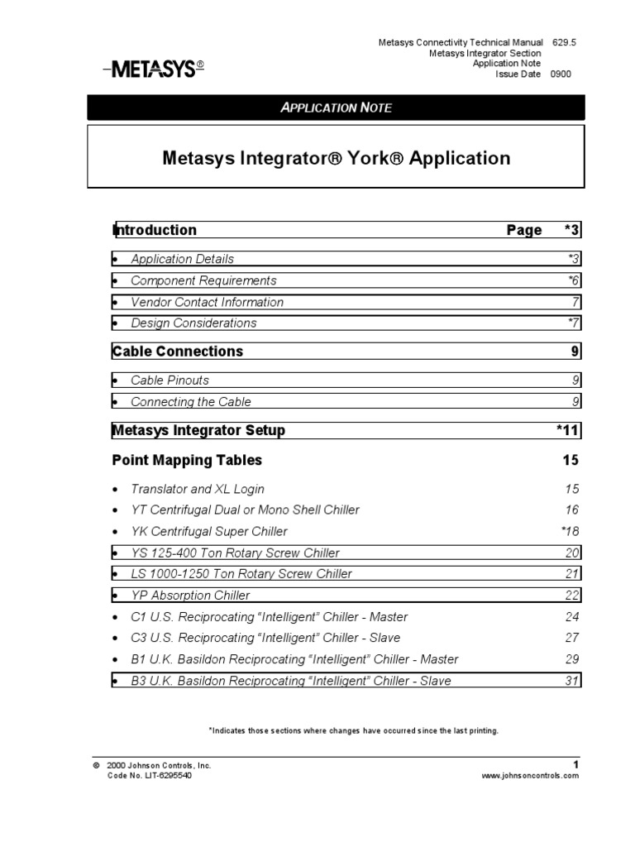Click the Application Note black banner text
tap(336, 108)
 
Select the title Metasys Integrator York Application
tap(336, 157)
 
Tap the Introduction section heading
tap(155, 230)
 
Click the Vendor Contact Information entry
tap(207, 302)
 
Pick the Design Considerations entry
tap(193, 323)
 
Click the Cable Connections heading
tap(178, 352)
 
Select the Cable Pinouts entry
tap(169, 380)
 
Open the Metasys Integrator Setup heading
tap(198, 430)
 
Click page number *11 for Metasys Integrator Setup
tap(568, 430)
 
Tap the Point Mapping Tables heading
tap(187, 460)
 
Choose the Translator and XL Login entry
tap(198, 489)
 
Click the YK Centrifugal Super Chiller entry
tap(209, 531)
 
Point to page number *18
tap(570, 531)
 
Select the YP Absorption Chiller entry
tap(190, 595)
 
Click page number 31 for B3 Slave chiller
tap(572, 681)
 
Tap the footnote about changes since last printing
tap(353, 731)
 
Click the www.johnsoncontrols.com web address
tap(530, 776)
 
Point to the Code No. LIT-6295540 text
tap(150, 776)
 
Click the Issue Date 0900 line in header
tap(532, 74)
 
